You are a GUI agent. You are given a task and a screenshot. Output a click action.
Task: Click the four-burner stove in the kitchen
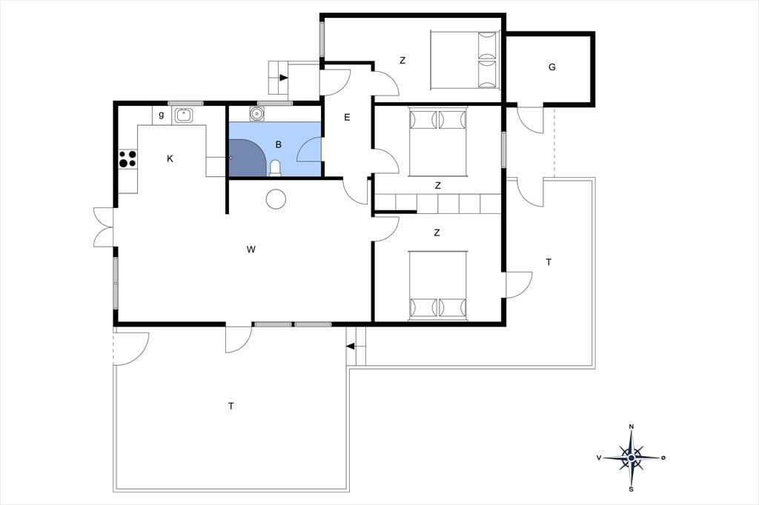(x=127, y=158)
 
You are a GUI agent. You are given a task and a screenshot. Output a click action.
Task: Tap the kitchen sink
(x=184, y=115)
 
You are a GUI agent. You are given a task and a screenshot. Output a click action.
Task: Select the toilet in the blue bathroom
(x=275, y=168)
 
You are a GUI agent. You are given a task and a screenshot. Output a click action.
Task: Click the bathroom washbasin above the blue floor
(x=256, y=114)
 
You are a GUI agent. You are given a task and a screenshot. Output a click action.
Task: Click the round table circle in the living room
(x=276, y=198)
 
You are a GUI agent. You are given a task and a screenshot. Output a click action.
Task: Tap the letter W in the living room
(x=251, y=250)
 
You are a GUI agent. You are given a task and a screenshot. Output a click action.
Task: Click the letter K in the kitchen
(x=170, y=158)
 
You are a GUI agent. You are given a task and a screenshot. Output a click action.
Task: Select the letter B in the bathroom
(x=279, y=144)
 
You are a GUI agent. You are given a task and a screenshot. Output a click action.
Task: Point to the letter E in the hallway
(x=347, y=117)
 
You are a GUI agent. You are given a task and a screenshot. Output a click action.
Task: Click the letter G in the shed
(x=551, y=67)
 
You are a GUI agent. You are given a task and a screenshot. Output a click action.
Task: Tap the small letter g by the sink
(x=161, y=115)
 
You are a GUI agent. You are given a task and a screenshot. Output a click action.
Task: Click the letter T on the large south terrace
(x=231, y=406)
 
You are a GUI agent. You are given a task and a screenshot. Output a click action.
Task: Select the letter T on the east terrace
(x=548, y=262)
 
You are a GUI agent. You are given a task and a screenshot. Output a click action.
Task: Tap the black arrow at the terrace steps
(x=351, y=346)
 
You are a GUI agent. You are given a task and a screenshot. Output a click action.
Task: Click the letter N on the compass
(x=632, y=427)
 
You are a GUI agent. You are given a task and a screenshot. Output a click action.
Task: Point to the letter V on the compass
(x=599, y=458)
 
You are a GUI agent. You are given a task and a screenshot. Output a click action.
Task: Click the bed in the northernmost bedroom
(x=465, y=61)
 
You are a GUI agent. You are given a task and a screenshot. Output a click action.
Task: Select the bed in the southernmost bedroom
(x=438, y=285)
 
